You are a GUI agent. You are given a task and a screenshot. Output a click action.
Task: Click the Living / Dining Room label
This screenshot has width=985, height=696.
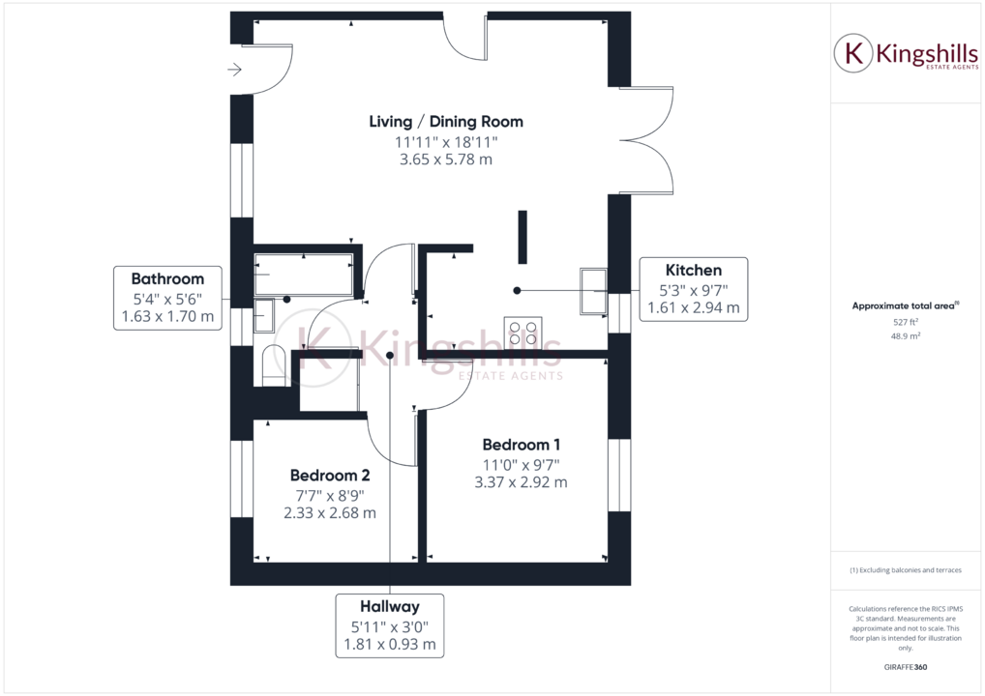coord(446,122)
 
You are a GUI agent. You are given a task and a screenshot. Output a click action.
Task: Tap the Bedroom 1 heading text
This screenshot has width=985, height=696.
coord(522,445)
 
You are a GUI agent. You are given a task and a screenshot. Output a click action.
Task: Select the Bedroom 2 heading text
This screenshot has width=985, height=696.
coord(330,476)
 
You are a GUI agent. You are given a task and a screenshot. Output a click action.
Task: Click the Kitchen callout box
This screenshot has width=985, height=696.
coord(692,289)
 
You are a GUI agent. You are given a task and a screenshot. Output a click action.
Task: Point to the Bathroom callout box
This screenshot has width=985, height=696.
coord(167,298)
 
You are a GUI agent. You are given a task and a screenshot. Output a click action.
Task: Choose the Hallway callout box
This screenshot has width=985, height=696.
coord(390,625)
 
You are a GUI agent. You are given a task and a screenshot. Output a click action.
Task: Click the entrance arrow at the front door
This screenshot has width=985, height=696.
coord(234,70)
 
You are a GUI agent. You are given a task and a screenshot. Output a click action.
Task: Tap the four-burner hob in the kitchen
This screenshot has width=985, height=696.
coord(522,333)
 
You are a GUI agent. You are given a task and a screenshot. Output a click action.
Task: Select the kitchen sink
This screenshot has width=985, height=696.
coord(593,290)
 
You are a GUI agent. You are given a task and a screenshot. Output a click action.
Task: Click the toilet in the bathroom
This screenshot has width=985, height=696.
coord(272,363)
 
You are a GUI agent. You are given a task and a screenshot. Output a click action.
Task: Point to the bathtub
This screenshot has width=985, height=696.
coord(304,275)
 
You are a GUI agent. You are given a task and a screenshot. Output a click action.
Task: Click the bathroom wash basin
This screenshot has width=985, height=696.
coord(264,315)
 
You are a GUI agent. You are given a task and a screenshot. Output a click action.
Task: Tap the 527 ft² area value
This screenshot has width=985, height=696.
coord(905,322)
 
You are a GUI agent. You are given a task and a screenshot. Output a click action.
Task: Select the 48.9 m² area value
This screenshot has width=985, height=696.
coord(905,335)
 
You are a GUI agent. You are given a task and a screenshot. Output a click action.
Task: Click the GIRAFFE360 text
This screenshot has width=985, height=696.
coord(905,667)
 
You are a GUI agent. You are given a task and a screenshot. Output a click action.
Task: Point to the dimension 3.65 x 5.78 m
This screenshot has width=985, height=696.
coord(446,159)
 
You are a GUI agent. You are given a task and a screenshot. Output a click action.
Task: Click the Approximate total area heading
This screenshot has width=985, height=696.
coord(905,305)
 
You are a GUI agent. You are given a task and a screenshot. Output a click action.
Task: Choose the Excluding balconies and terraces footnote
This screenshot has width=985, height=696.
coord(905,570)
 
